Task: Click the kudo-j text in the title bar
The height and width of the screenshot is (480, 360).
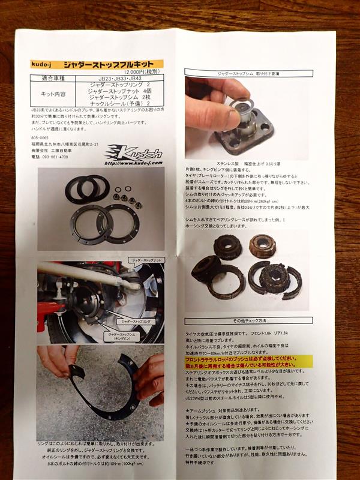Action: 44,64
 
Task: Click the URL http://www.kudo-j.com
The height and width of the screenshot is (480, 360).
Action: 131,162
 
